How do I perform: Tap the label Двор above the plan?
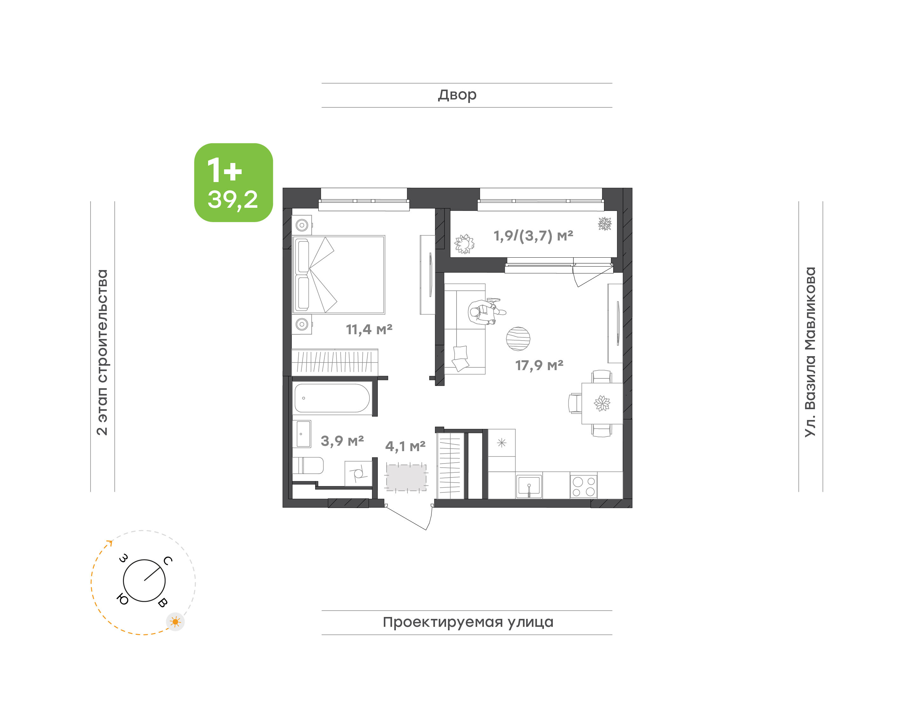click(x=457, y=95)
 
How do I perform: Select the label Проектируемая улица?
click(x=468, y=622)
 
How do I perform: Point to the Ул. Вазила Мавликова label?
click(x=810, y=352)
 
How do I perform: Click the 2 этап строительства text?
click(x=102, y=352)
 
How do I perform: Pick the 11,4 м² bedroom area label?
click(x=369, y=329)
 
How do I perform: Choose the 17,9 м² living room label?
click(x=539, y=365)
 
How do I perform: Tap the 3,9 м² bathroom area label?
click(x=342, y=441)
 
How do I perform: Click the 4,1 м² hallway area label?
click(x=405, y=446)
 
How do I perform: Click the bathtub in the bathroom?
click(x=332, y=398)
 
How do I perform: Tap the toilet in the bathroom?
click(x=308, y=465)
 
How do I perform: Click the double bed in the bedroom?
click(x=339, y=274)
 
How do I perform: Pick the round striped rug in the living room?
click(x=518, y=339)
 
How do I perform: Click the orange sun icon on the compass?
click(x=175, y=622)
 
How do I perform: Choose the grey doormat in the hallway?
click(x=406, y=477)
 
